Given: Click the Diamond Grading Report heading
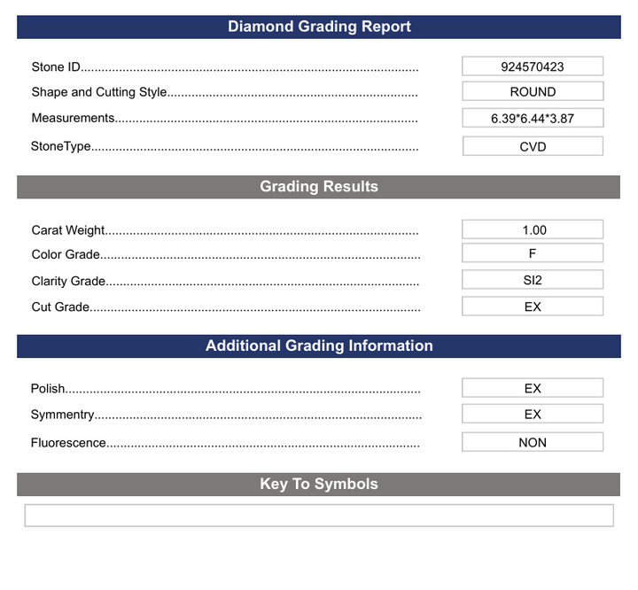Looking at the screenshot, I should click(x=319, y=27).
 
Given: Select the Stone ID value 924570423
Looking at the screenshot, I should click(x=533, y=66).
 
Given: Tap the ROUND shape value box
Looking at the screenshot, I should click(x=533, y=91).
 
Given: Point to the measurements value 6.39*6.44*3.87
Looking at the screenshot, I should click(x=533, y=118).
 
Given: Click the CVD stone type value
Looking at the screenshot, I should click(x=533, y=146).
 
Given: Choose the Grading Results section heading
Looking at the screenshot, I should click(x=319, y=187).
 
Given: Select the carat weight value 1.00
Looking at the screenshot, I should click(x=533, y=229).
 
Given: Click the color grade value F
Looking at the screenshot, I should click(x=533, y=252).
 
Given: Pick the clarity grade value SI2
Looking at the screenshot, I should click(x=533, y=280).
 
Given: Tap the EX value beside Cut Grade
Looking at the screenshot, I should click(x=533, y=307).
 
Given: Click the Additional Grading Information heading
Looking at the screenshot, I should click(x=319, y=345).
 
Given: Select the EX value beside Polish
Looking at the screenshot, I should click(x=533, y=388).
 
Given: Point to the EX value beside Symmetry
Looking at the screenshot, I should click(x=533, y=414).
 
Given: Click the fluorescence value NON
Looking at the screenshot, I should click(x=533, y=442).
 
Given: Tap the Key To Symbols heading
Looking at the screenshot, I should click(x=319, y=484).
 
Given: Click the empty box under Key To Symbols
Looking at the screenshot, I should click(x=319, y=516).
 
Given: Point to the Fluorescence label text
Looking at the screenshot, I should click(x=68, y=443).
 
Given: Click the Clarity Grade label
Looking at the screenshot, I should click(x=68, y=282).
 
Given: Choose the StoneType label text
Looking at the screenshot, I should click(x=61, y=146).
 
